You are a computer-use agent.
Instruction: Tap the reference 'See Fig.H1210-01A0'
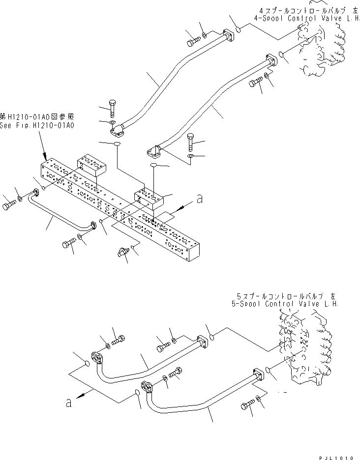37,125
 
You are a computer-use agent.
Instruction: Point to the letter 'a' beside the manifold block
199,200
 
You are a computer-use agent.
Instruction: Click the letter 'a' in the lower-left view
69,403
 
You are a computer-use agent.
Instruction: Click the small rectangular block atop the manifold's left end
91,165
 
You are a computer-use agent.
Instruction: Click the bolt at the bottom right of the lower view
247,405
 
